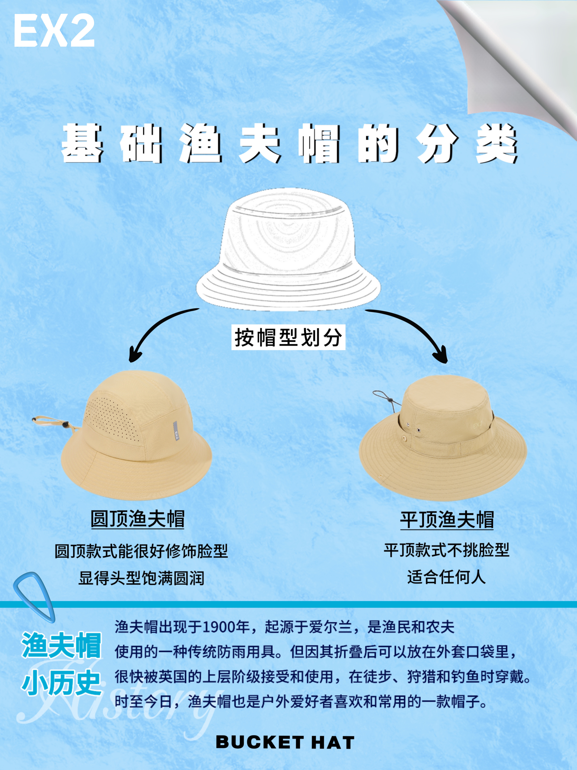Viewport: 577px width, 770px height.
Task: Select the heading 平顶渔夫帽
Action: (x=447, y=520)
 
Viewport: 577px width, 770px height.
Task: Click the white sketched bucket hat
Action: (x=288, y=249)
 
